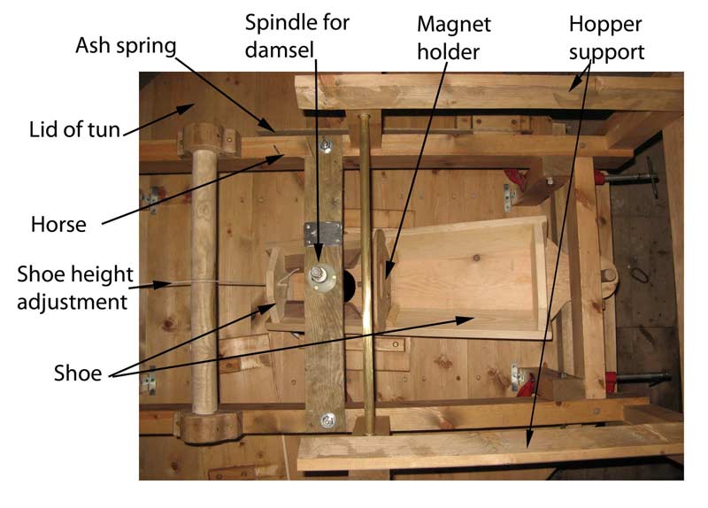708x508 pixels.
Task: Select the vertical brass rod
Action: pyautogui.click(x=365, y=266)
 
